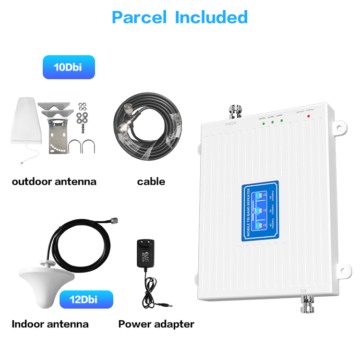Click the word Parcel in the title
point(139,17)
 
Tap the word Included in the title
point(211,17)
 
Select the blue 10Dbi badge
point(68,67)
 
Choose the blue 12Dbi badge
point(86,300)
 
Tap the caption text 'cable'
point(151,181)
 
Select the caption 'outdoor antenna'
point(54,181)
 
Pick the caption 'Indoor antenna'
point(50,324)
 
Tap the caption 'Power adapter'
point(156,324)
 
